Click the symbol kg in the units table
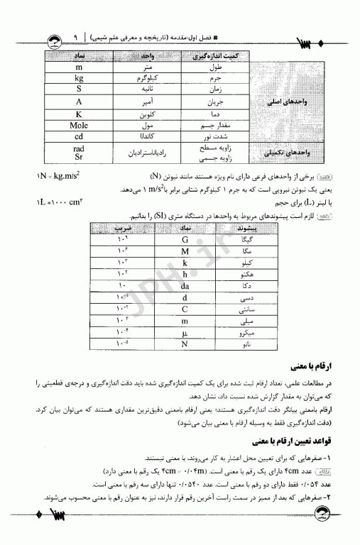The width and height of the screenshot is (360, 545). coord(80,77)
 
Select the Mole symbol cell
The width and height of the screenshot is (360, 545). coord(80,125)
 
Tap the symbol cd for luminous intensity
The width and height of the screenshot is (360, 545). coord(80,136)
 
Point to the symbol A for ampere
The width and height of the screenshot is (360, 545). coord(80,101)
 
